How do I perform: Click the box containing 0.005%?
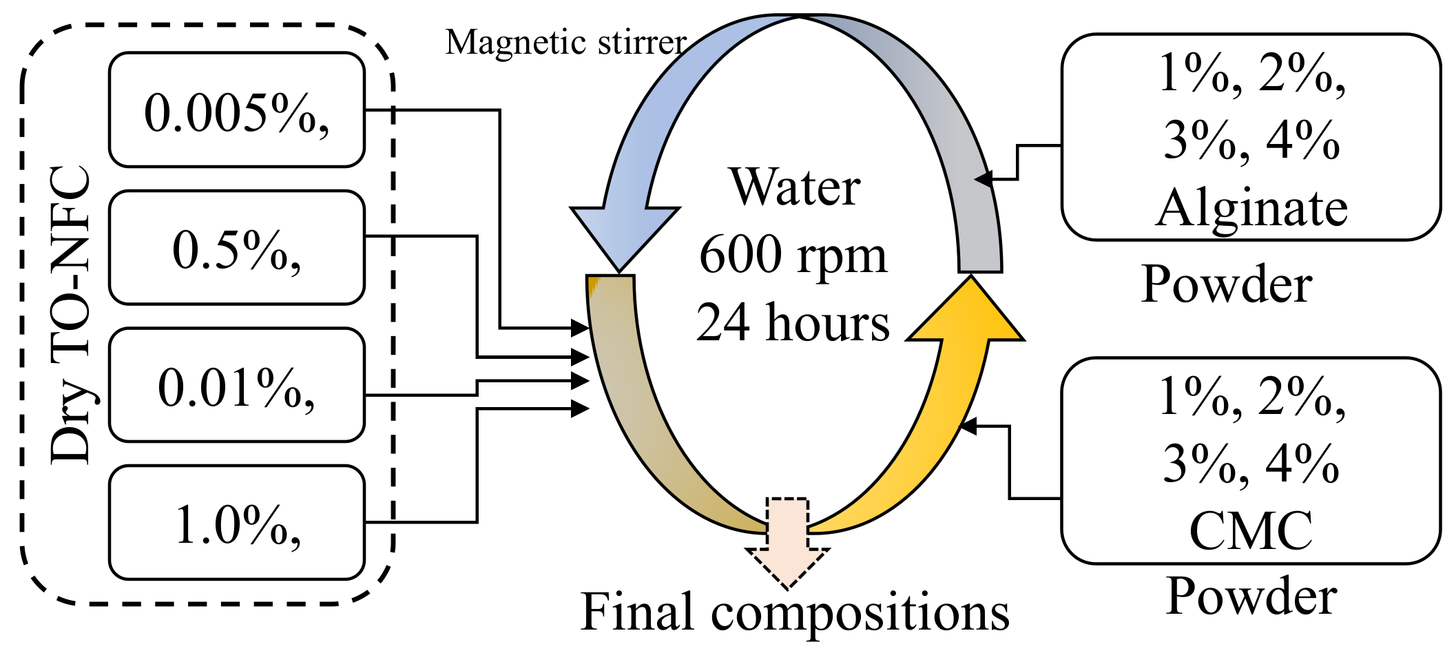click(x=236, y=110)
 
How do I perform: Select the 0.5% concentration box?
click(x=236, y=248)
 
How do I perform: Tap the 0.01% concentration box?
click(x=236, y=386)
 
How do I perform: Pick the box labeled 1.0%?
click(x=236, y=524)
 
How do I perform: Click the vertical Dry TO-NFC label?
click(x=70, y=315)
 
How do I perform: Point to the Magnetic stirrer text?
click(x=565, y=43)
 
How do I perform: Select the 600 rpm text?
click(x=793, y=255)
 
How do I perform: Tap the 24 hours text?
click(x=793, y=322)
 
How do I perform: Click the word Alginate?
click(x=1251, y=207)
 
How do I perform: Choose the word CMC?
click(x=1251, y=530)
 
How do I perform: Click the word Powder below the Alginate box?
click(x=1226, y=283)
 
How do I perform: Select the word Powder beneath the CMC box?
click(x=1251, y=596)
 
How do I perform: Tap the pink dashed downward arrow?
click(x=787, y=544)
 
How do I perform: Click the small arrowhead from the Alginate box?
click(x=984, y=179)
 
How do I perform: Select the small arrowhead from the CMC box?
click(x=968, y=426)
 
